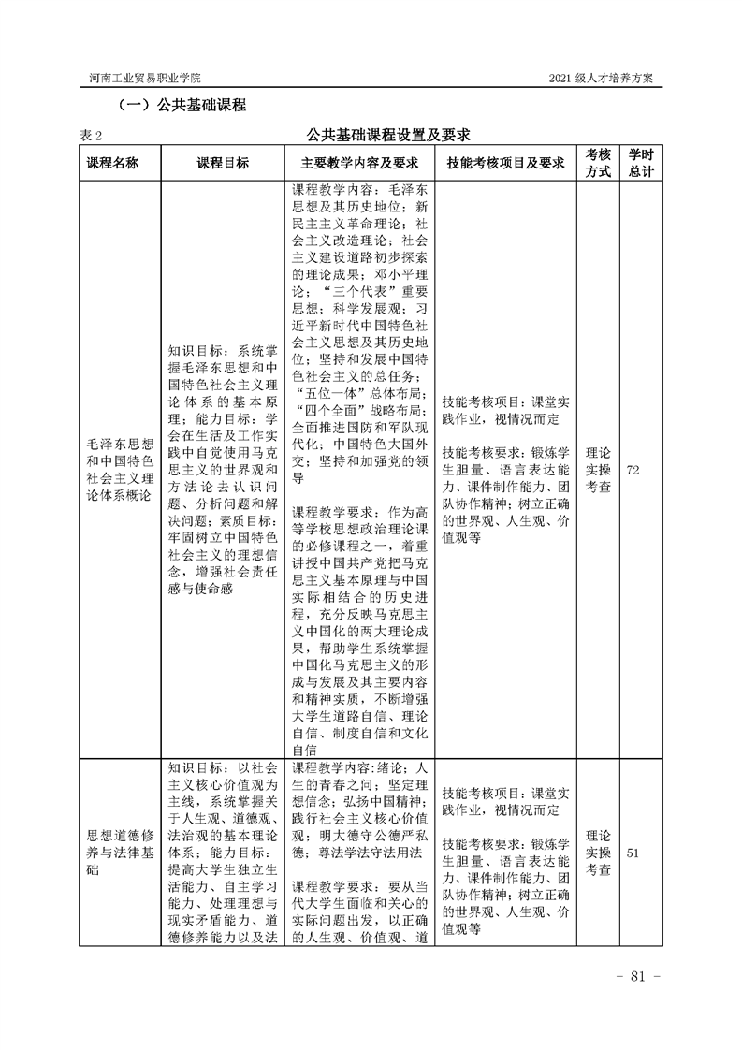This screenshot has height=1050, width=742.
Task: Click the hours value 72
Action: pyautogui.click(x=633, y=469)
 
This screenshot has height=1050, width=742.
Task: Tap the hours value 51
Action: pyautogui.click(x=633, y=853)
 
